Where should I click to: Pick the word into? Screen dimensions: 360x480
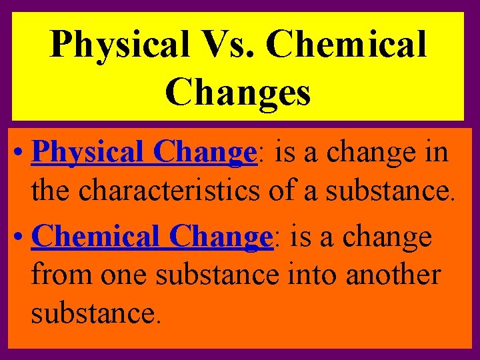(x=313, y=275)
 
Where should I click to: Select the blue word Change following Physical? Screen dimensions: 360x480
(x=205, y=154)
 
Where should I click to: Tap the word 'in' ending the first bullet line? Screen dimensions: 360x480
(x=436, y=154)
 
